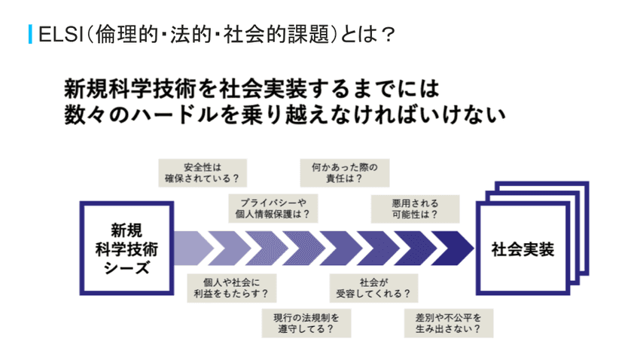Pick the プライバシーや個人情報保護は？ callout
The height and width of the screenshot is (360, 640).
(x=268, y=208)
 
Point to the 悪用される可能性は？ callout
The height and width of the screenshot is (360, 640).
(x=404, y=208)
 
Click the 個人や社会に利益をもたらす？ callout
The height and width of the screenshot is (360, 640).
(x=227, y=287)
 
